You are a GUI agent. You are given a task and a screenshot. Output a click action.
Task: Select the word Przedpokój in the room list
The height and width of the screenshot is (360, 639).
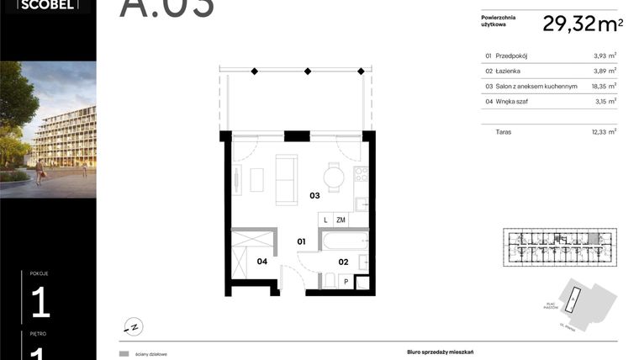(514, 56)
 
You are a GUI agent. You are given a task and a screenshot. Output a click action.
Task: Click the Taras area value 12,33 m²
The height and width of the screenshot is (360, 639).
(604, 132)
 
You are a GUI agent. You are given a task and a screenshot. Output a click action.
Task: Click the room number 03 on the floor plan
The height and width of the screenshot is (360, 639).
(314, 196)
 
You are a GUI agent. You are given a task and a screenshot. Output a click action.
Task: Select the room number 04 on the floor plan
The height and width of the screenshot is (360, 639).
(261, 262)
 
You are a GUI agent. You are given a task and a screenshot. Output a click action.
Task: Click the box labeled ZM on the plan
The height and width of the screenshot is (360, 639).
(341, 220)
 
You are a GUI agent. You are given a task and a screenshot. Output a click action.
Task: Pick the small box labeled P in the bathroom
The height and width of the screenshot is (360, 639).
(346, 283)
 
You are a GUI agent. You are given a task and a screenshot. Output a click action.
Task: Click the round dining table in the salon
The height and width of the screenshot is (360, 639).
(334, 177)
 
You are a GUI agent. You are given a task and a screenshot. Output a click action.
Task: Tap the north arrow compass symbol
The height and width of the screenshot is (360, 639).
(133, 326)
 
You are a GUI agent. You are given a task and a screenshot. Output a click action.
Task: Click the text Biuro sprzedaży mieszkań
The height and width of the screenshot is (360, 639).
(427, 354)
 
